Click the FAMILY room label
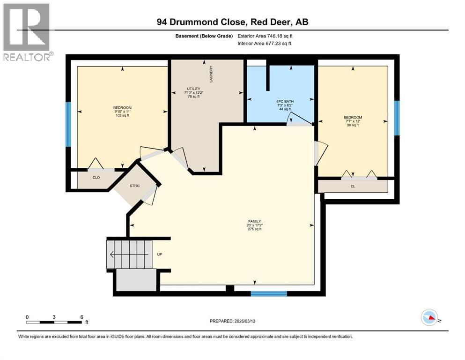(x=254, y=221)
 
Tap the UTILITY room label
(x=194, y=89)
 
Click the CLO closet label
(x=96, y=178)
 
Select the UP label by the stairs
(x=159, y=255)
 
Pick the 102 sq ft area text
(x=121, y=116)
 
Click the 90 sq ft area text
(x=353, y=125)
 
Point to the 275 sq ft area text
(x=254, y=229)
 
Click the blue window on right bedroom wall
(x=397, y=118)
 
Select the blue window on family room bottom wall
(x=268, y=293)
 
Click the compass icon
(x=429, y=318)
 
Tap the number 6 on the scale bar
(x=82, y=317)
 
